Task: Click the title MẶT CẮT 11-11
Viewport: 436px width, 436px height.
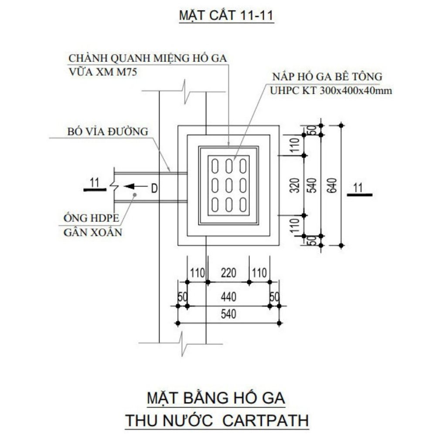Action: click(226, 15)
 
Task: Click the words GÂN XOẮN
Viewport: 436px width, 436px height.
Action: click(92, 232)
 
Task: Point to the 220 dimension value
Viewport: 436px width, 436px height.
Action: click(228, 273)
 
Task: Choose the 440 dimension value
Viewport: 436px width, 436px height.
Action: click(228, 297)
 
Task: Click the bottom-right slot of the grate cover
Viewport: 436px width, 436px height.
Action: click(243, 204)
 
